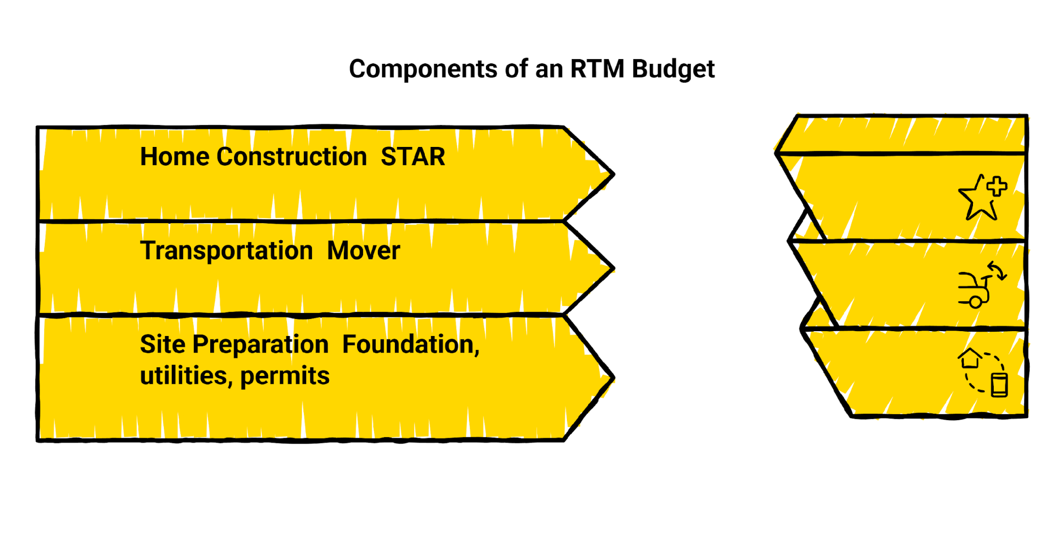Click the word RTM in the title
click(597, 69)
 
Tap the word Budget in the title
click(673, 69)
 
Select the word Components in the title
click(423, 69)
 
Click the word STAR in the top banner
click(413, 157)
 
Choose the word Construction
click(292, 157)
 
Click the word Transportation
click(226, 250)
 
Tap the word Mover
click(364, 250)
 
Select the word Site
click(162, 344)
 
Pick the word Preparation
click(260, 345)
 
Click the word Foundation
click(410, 344)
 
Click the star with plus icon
click(982, 198)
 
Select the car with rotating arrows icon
click(981, 285)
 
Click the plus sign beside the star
click(996, 187)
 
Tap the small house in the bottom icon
click(970, 358)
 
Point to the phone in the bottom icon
click(999, 385)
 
